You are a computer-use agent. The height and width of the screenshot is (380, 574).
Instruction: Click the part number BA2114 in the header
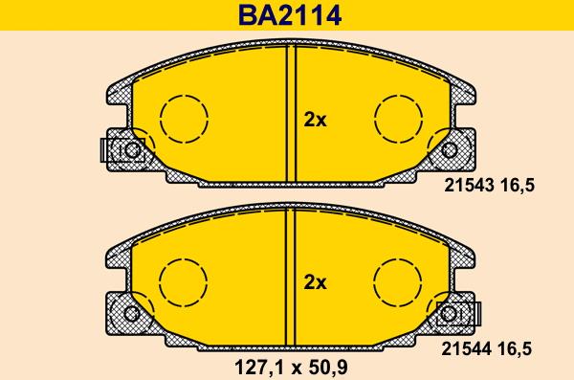tap(290, 15)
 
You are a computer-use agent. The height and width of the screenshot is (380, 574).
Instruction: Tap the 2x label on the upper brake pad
tap(315, 120)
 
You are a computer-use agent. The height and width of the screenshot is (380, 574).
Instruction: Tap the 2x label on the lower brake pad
tap(315, 282)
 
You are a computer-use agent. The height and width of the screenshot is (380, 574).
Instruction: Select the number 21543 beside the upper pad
tap(469, 186)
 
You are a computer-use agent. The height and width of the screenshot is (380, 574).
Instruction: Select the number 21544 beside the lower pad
tap(466, 348)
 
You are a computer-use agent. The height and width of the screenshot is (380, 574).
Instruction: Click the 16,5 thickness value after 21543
tap(517, 186)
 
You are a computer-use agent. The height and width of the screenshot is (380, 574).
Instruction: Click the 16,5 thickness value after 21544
tap(515, 349)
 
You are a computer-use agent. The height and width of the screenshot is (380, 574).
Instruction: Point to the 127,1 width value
tap(258, 367)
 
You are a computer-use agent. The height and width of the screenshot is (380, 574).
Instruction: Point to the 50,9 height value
tap(328, 367)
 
